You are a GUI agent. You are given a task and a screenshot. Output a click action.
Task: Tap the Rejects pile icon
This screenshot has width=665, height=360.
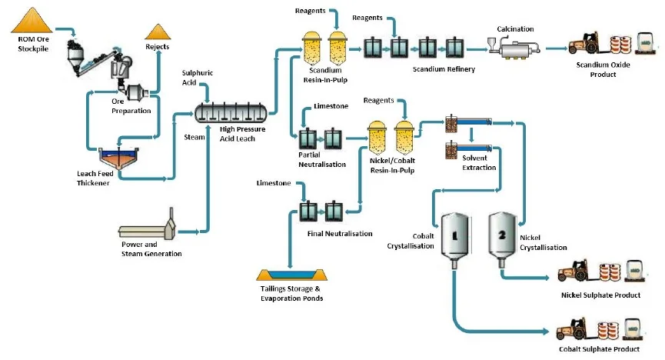click(158, 32)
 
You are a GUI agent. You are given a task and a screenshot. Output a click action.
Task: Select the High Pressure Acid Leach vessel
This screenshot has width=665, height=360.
click(233, 112)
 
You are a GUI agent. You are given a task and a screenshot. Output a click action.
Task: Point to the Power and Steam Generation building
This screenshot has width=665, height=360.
click(148, 228)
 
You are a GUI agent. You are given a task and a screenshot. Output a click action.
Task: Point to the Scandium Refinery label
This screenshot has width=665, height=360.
click(444, 69)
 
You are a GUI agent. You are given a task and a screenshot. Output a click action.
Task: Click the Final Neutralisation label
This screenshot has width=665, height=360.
click(340, 233)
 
